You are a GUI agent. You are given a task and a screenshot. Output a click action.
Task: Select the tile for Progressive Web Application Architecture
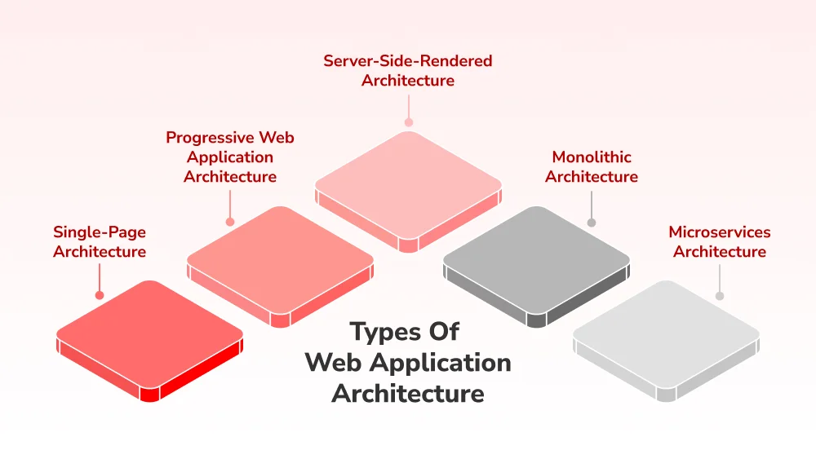[x=280, y=258]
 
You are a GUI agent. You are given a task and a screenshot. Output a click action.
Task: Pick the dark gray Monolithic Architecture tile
[x=536, y=258]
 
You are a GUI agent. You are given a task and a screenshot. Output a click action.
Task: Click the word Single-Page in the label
[x=100, y=232]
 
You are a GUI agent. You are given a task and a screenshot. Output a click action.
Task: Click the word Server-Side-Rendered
[x=408, y=61]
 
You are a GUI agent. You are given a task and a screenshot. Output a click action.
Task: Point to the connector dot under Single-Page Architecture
[x=100, y=294]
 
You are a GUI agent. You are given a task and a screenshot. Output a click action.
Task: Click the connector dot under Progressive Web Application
[x=230, y=221]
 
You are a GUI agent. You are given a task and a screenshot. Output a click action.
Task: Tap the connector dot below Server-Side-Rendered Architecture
[x=408, y=123]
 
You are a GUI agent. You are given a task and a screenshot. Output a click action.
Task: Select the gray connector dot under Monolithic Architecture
[x=592, y=222]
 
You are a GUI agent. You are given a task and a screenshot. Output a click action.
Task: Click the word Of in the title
[x=444, y=333]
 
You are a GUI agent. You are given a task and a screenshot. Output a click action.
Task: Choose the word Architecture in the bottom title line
[x=408, y=393]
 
